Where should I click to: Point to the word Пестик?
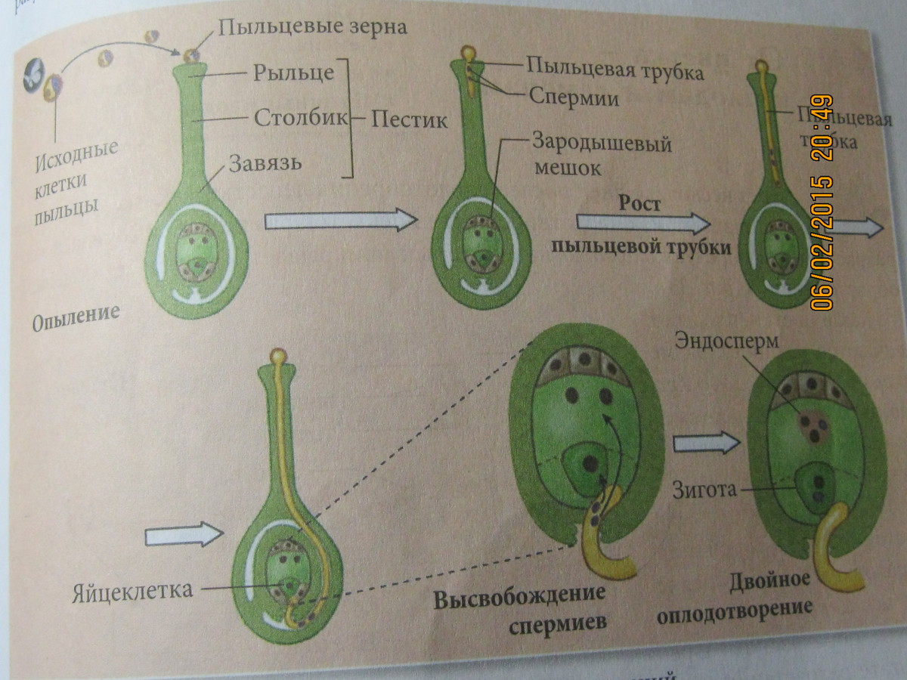click(409, 120)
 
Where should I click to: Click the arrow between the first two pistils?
click(341, 220)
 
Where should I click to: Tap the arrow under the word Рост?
click(643, 221)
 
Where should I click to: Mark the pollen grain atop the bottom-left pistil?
click(279, 354)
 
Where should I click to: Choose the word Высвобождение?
click(509, 599)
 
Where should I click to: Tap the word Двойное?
click(770, 582)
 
